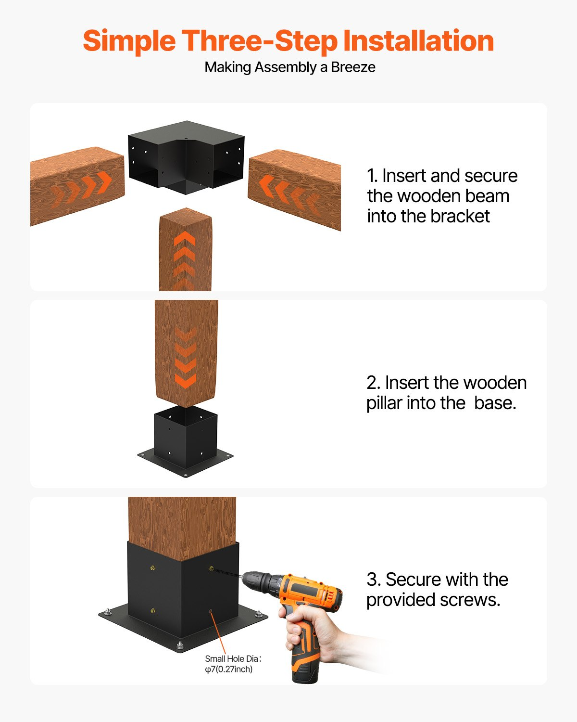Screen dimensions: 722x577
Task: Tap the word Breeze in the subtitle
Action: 353,67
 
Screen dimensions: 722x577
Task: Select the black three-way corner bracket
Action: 186,156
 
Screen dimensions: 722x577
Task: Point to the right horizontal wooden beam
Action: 294,189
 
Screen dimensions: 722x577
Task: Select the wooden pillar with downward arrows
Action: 186,353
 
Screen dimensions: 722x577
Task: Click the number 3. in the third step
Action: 374,580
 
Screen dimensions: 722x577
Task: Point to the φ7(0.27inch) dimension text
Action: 229,670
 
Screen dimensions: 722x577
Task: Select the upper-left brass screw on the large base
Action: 152,568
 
